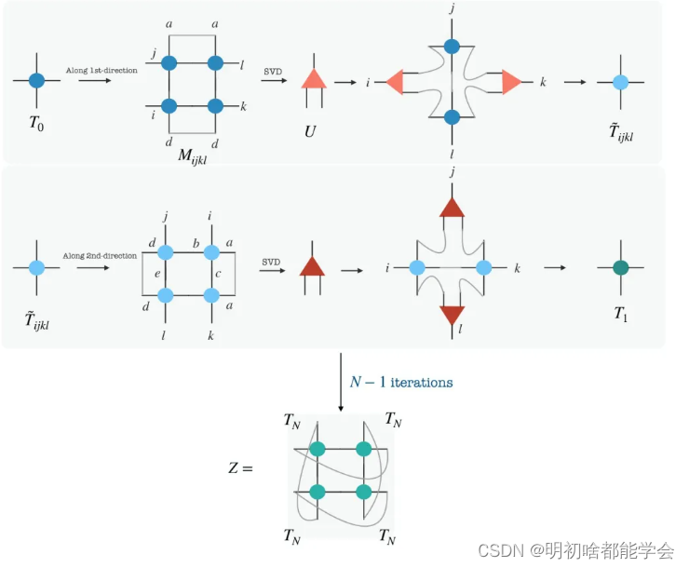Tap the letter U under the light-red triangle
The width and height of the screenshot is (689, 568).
(x=310, y=131)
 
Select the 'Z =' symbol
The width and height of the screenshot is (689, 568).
(x=240, y=467)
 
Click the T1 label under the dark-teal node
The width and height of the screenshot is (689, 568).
(x=621, y=314)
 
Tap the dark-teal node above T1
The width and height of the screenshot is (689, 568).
(x=621, y=268)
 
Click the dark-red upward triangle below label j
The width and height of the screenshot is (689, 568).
(x=453, y=208)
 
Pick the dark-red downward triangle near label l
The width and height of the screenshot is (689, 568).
(x=453, y=314)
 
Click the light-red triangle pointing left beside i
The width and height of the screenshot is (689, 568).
(x=393, y=83)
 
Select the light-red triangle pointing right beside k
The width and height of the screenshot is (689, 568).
(x=511, y=83)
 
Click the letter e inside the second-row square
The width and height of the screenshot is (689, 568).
(x=156, y=275)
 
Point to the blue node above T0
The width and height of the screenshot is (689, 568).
(x=36, y=80)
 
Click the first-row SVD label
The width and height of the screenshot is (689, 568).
(x=273, y=71)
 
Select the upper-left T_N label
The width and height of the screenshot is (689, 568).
(x=294, y=420)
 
